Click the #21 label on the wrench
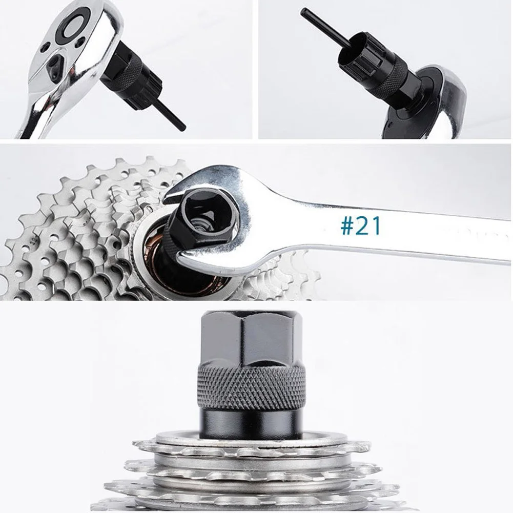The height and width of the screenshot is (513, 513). [x=361, y=225]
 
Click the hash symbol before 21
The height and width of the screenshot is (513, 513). [x=347, y=226]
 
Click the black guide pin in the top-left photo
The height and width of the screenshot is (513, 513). [x=174, y=117]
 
